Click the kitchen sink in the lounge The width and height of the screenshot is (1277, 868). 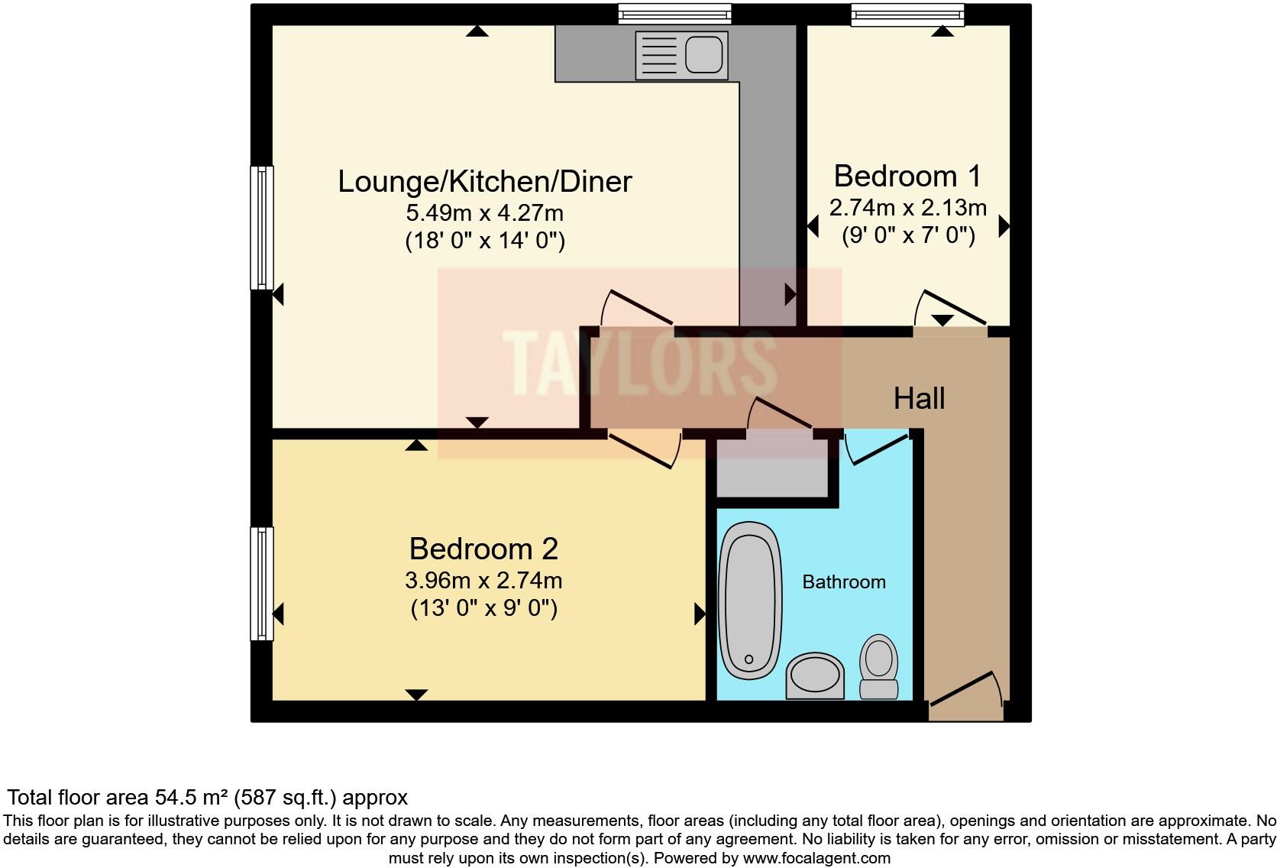coord(681,54)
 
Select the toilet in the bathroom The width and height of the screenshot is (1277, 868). coord(879,665)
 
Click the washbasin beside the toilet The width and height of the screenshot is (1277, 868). coord(815,675)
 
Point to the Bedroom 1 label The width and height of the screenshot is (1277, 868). coord(907,177)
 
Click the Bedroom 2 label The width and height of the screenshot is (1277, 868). coord(483,549)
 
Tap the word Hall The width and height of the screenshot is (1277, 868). coord(919,398)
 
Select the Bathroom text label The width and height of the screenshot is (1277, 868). coord(843,582)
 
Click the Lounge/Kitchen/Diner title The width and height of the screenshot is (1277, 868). coord(485,182)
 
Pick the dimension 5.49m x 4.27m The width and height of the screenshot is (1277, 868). coord(485,212)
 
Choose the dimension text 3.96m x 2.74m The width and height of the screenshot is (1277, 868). coord(483,581)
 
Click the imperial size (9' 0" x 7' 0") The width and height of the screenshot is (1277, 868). coord(908,235)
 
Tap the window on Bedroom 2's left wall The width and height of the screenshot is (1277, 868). coord(262,583)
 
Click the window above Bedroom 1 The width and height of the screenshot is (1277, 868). coord(907,15)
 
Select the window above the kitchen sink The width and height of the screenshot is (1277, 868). coord(674,15)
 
